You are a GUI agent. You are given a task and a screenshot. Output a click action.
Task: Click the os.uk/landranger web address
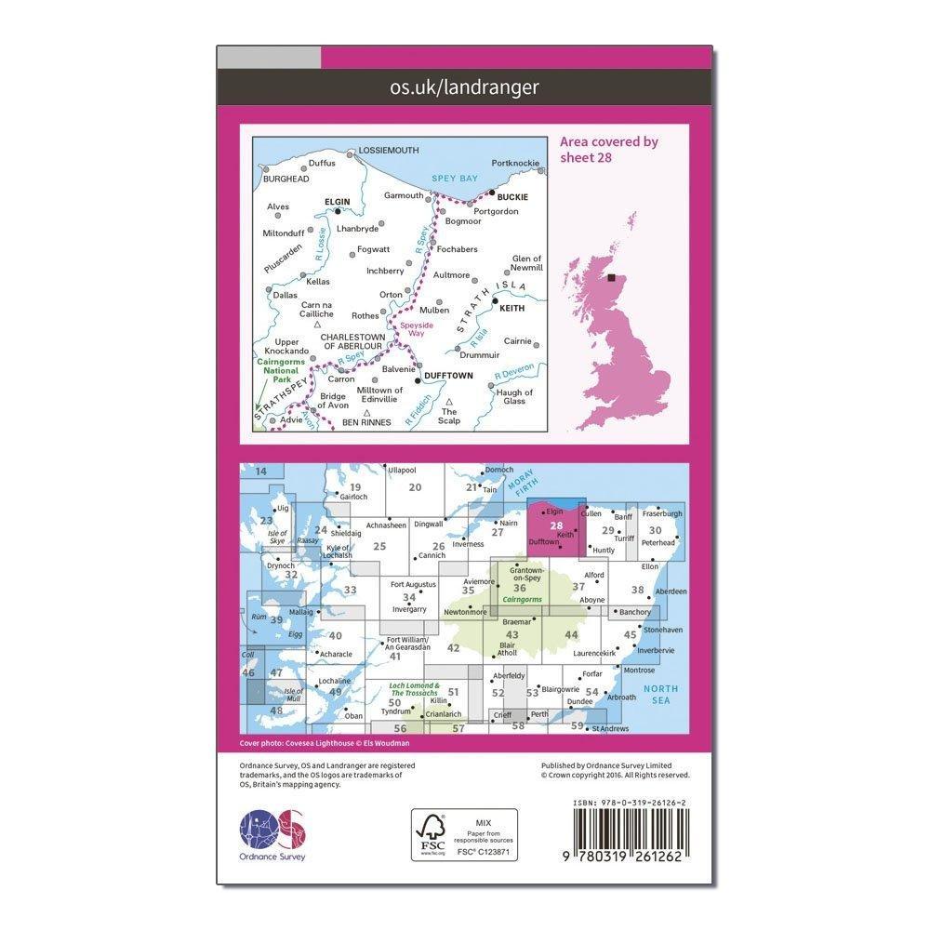465,87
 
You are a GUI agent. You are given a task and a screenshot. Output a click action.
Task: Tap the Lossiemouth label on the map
389,150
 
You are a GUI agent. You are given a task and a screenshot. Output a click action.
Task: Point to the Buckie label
512,197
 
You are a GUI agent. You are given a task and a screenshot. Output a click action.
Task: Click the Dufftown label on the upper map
448,376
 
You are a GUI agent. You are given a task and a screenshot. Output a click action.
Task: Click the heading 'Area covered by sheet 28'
608,149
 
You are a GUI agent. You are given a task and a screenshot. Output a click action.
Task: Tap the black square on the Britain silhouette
612,277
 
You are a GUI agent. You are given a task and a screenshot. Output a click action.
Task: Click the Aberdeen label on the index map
671,591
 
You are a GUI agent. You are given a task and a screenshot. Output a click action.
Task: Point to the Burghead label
285,179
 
